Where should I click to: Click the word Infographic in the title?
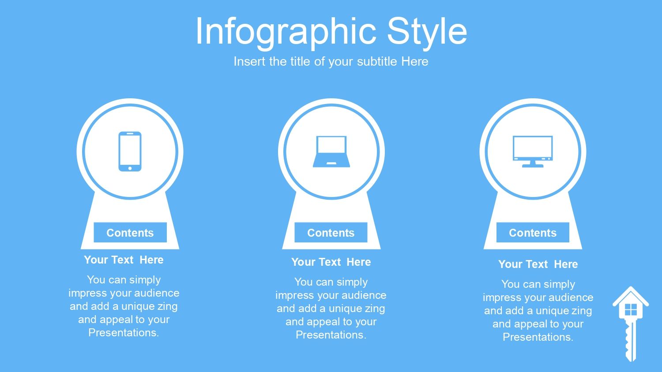click(x=286, y=32)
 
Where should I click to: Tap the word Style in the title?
click(x=427, y=32)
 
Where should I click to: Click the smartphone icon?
click(x=130, y=152)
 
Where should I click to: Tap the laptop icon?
click(x=331, y=152)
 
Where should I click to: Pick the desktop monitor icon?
click(x=533, y=152)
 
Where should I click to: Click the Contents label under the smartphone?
click(x=130, y=233)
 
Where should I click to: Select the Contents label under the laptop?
click(x=331, y=233)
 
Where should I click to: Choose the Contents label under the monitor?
click(x=533, y=233)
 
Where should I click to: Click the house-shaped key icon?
click(x=631, y=324)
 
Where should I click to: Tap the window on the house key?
click(x=631, y=310)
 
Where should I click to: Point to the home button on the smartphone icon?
click(x=130, y=168)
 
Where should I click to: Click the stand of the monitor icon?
click(x=533, y=164)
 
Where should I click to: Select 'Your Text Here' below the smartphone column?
click(x=124, y=260)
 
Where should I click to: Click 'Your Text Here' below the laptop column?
click(x=331, y=262)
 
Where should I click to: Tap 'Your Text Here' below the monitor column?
click(x=538, y=264)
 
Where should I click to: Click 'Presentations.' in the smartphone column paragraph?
click(x=124, y=333)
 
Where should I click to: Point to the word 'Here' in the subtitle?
click(x=415, y=61)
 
